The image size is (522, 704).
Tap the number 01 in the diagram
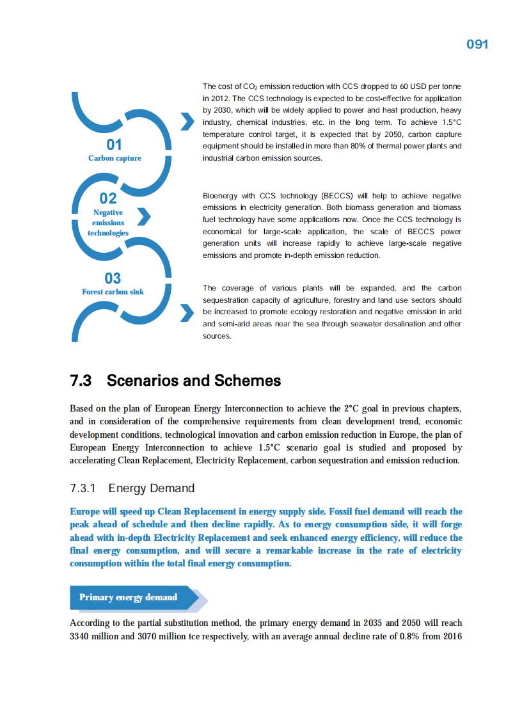[114, 145]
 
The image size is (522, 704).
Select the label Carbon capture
[115, 158]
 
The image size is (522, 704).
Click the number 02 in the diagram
[108, 198]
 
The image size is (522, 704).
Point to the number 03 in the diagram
[113, 278]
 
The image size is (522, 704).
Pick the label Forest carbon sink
[113, 292]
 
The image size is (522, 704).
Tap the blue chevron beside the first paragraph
[187, 122]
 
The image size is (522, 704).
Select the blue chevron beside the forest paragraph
[187, 313]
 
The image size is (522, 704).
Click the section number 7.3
[81, 381]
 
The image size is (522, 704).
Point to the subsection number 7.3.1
[83, 488]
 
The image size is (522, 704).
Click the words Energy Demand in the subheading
[152, 488]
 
